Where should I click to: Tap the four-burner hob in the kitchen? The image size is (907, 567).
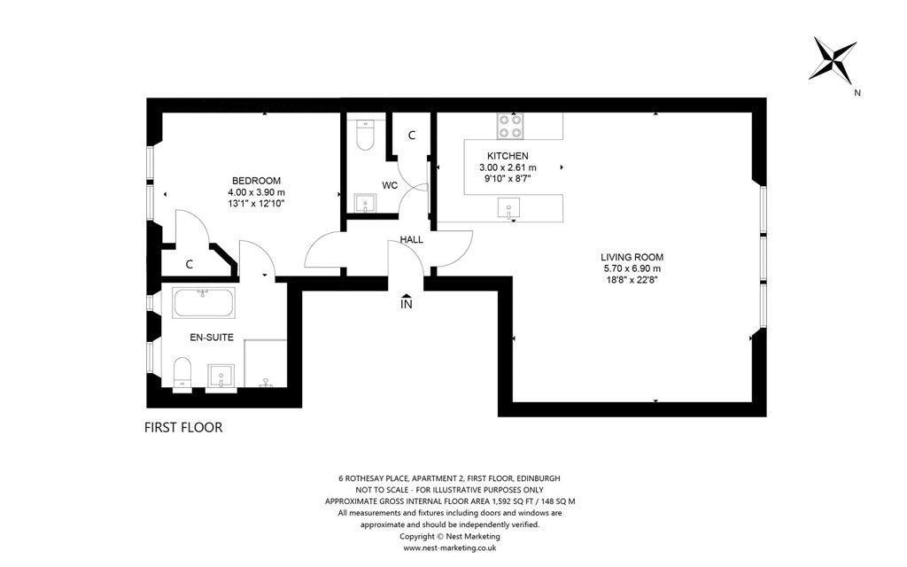[x=509, y=126]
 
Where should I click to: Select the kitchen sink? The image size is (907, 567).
[x=509, y=209]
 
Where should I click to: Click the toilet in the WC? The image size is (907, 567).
[x=365, y=135]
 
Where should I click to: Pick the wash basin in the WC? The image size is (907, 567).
[x=364, y=204]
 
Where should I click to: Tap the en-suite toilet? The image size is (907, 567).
[x=182, y=374]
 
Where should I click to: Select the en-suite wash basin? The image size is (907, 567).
[x=221, y=377]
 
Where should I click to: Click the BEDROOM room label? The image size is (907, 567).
[x=256, y=181]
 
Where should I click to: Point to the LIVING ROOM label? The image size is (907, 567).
[x=632, y=258]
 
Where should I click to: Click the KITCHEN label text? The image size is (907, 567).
[x=508, y=156]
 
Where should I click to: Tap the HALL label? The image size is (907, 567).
[x=411, y=239]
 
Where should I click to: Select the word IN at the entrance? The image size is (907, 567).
[x=407, y=304]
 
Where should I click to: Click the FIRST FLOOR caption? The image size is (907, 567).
[x=183, y=428]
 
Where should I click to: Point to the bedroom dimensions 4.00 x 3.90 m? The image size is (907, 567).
[x=256, y=192]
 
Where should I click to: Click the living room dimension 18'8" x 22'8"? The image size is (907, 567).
[x=632, y=279]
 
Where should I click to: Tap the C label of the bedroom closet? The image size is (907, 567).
[x=190, y=265]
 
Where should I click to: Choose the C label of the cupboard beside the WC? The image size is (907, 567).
[x=412, y=136]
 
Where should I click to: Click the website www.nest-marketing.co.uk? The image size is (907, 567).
[x=449, y=548]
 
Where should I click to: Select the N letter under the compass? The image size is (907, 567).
[x=857, y=92]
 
